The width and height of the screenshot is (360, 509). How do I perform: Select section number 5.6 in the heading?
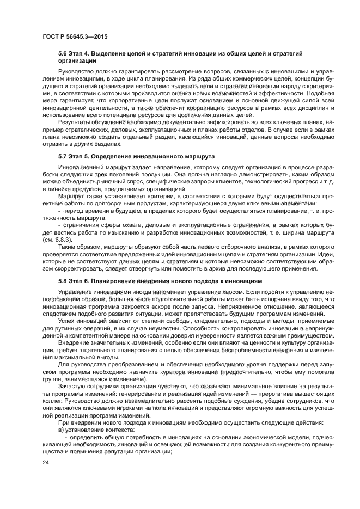point(62,54)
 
